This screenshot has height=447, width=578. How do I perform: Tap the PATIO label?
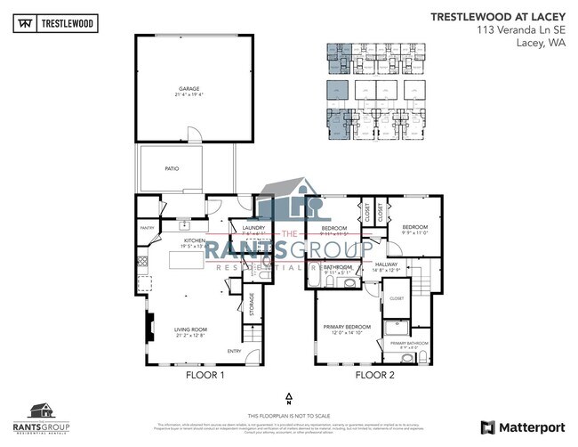(172, 167)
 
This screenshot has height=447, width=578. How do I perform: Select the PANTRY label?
(148, 228)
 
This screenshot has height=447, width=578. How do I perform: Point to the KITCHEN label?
(195, 241)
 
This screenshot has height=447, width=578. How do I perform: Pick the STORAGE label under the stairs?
(252, 304)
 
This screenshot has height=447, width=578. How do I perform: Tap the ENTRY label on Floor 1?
(235, 350)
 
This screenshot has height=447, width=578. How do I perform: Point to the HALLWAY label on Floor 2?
(386, 264)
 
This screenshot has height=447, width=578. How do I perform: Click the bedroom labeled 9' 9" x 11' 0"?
(414, 229)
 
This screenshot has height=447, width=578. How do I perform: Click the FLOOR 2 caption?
(374, 376)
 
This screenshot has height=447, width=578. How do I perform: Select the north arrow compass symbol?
(289, 397)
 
